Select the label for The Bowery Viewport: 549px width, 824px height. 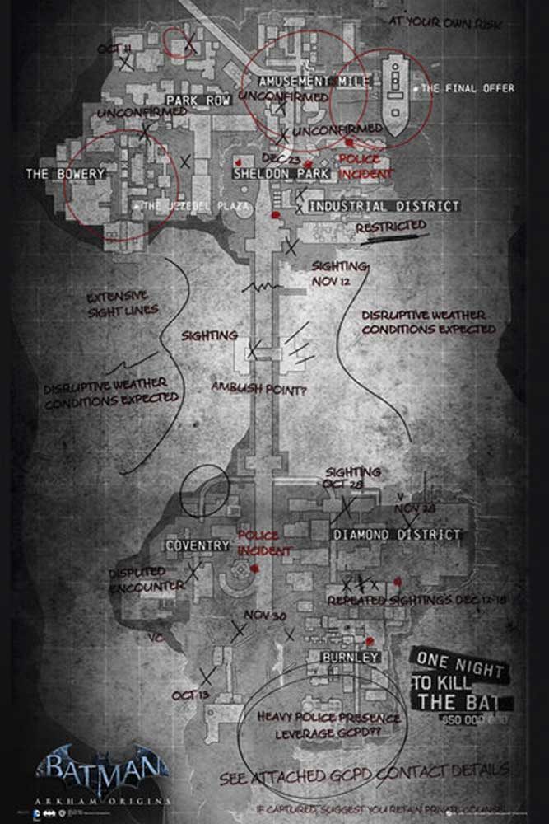[66, 174]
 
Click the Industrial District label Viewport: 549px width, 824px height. [383, 205]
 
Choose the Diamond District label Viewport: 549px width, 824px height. [397, 535]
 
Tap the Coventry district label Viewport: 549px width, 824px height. [197, 545]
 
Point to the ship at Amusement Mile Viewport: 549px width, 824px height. [395, 92]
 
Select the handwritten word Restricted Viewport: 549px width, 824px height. [390, 226]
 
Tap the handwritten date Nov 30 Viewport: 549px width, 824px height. [264, 616]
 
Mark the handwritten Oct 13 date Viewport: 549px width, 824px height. [189, 696]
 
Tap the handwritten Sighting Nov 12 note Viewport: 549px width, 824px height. [337, 274]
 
